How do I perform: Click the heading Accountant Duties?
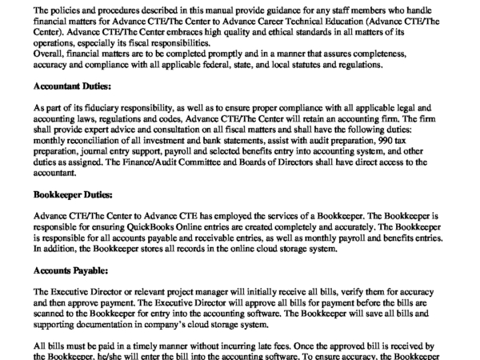click(73, 84)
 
